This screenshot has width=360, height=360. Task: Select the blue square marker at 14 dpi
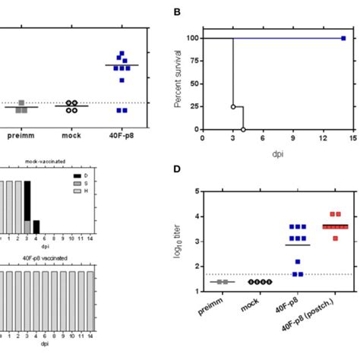click(x=343, y=38)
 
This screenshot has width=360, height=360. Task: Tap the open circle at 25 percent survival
click(x=232, y=107)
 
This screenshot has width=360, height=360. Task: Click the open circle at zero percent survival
click(x=243, y=130)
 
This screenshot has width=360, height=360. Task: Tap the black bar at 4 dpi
click(x=36, y=226)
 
